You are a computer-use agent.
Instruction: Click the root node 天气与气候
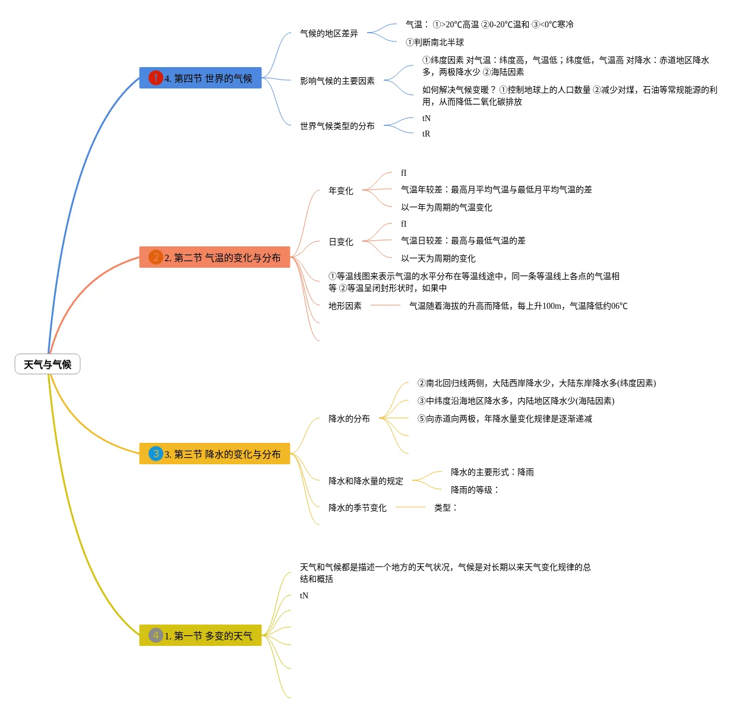click(x=48, y=365)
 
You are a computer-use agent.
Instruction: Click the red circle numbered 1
click(x=156, y=78)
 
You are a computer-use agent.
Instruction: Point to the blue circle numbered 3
click(x=156, y=454)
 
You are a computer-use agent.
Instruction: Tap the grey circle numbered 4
click(x=156, y=635)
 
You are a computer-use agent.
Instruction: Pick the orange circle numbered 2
click(x=156, y=257)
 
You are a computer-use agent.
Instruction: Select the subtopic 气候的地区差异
click(x=329, y=34)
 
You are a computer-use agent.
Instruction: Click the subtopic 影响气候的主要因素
click(x=337, y=81)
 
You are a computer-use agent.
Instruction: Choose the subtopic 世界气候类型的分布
click(x=337, y=126)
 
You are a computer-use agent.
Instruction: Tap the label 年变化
click(x=341, y=191)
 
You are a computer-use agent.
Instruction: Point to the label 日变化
click(x=341, y=242)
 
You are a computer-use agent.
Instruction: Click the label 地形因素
click(x=345, y=306)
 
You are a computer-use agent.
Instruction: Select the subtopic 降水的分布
click(x=349, y=419)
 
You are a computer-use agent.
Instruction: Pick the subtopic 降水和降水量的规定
click(x=366, y=481)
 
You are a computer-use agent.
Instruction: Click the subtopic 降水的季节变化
click(x=358, y=508)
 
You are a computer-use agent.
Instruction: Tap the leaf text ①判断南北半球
click(x=435, y=43)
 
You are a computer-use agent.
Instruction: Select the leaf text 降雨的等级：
click(x=475, y=490)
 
